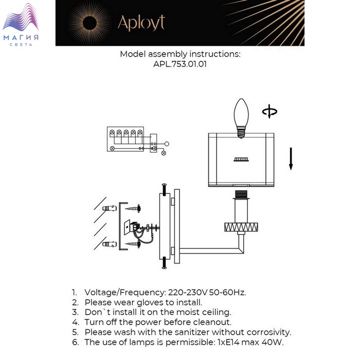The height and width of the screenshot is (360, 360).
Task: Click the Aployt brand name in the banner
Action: [141, 23]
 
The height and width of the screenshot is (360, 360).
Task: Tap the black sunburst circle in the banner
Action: [89, 23]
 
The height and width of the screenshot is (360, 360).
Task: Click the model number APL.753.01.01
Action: [180, 64]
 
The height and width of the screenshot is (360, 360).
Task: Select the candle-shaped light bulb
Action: [241, 118]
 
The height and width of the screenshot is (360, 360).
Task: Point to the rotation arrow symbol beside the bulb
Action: [269, 112]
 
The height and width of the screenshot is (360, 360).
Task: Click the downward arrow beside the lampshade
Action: [291, 158]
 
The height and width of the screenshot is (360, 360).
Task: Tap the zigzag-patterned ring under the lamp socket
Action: [241, 227]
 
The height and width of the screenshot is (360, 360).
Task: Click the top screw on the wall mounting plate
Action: [165, 189]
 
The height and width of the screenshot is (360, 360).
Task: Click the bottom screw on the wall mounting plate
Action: [165, 263]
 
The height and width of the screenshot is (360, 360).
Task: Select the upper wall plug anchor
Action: [110, 208]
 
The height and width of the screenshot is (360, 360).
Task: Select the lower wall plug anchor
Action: [110, 244]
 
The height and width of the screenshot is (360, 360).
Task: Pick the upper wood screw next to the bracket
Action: [133, 208]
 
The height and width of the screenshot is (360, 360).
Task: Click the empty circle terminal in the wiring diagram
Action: [167, 144]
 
